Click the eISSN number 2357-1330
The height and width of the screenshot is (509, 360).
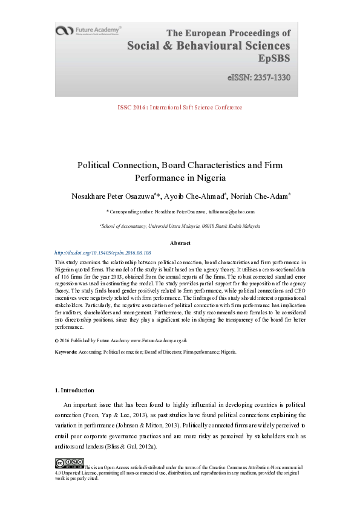pyautogui.click(x=259, y=77)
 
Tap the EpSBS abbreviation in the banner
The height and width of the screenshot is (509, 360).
pyautogui.click(x=274, y=59)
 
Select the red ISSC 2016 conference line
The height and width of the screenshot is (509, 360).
pyautogui.click(x=180, y=108)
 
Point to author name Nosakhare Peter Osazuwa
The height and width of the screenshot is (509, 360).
pyautogui.click(x=113, y=196)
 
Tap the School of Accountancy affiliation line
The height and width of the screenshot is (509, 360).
pyautogui.click(x=180, y=226)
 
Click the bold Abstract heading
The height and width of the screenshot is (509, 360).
pyautogui.click(x=180, y=243)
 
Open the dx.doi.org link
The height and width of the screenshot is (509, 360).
pyautogui.click(x=103, y=252)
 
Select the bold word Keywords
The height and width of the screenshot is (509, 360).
pyautogui.click(x=65, y=351)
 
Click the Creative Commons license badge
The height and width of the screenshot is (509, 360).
pyautogui.click(x=69, y=464)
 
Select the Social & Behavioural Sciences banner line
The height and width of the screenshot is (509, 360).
pyautogui.click(x=208, y=46)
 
